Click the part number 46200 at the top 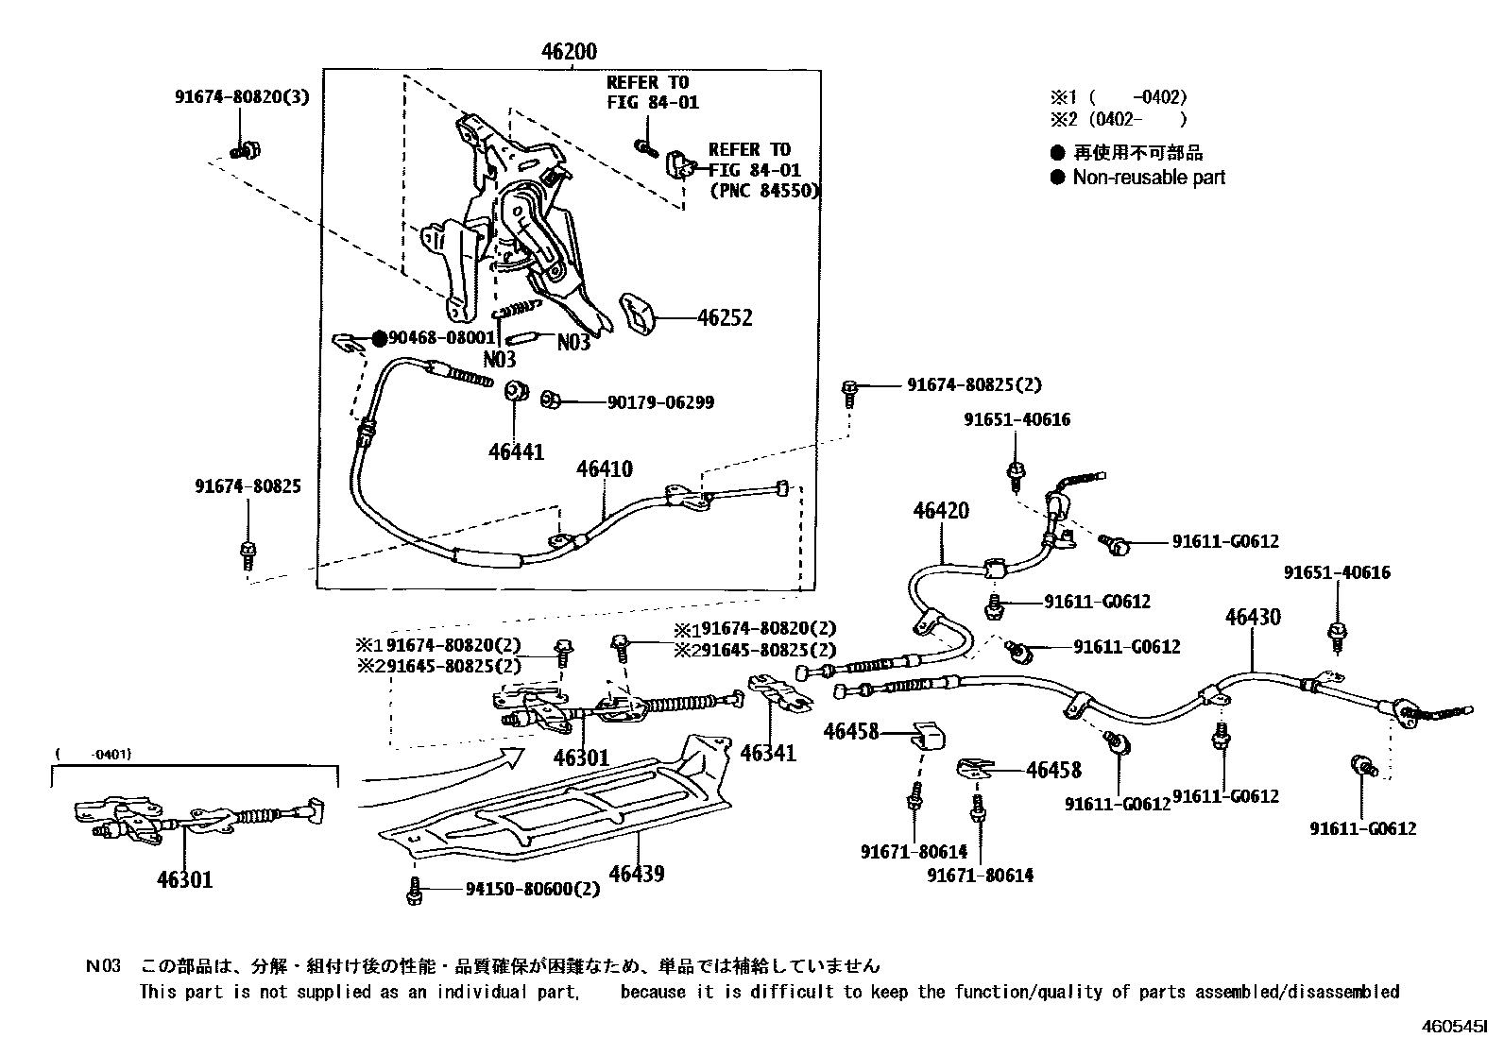tap(569, 51)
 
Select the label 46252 tap(725, 317)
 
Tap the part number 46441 tap(516, 451)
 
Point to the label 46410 tap(605, 469)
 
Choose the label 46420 tap(941, 511)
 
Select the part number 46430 tap(1253, 617)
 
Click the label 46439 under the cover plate tap(637, 874)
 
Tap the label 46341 tap(768, 753)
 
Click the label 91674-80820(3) tap(242, 96)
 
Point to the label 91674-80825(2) tap(974, 385)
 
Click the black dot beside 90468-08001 tap(378, 337)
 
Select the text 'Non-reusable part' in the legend tap(1148, 178)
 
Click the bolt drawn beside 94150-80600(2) tap(413, 890)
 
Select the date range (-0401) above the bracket tap(94, 754)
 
